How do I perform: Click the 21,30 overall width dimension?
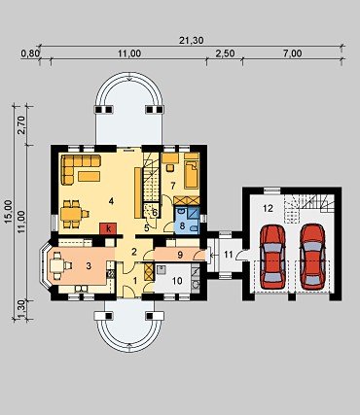(191, 40)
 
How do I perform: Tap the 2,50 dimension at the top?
(225, 53)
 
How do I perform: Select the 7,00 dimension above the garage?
(292, 53)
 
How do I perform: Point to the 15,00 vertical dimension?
(9, 211)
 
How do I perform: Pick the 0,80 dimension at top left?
(30, 53)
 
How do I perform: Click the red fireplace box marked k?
(108, 228)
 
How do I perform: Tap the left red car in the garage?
(272, 257)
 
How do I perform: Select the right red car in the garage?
(312, 257)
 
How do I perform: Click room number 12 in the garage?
(269, 208)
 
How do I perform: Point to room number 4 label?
(111, 201)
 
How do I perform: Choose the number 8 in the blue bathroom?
(182, 225)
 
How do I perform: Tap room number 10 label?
(177, 281)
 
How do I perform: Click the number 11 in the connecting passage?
(229, 255)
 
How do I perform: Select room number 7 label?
(173, 186)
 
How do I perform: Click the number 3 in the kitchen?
(89, 265)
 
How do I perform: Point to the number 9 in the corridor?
(180, 255)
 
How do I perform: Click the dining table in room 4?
(71, 214)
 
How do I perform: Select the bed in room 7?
(192, 171)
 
